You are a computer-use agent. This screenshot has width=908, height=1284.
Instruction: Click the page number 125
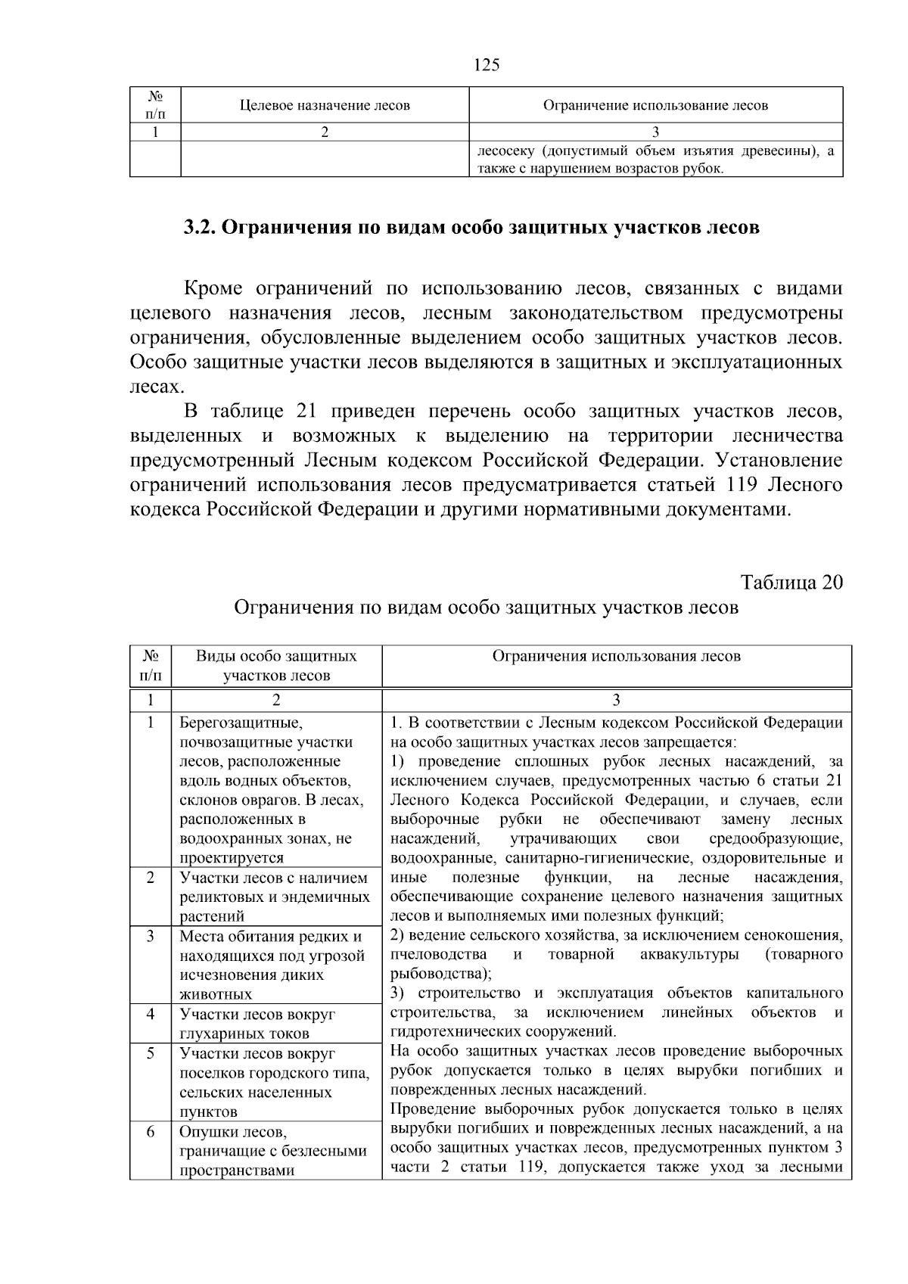click(487, 65)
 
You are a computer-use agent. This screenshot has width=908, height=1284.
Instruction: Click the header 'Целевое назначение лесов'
click(325, 106)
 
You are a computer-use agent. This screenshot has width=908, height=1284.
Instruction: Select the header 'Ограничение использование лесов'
click(655, 106)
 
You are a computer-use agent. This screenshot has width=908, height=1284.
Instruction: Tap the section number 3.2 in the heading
click(201, 227)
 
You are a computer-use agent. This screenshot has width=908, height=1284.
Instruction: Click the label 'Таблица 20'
click(791, 583)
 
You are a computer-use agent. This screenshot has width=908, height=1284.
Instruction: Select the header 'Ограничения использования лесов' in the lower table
click(616, 656)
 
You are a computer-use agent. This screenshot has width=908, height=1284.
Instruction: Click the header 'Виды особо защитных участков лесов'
click(276, 666)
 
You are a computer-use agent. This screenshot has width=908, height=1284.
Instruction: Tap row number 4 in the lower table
click(151, 1013)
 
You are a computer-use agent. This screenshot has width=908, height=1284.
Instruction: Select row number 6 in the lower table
click(151, 1131)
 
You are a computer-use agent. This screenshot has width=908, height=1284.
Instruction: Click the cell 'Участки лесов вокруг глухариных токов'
click(257, 1024)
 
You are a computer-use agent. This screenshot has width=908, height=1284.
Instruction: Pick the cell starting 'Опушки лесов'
click(272, 1151)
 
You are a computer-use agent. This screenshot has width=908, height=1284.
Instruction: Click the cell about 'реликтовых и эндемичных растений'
click(274, 897)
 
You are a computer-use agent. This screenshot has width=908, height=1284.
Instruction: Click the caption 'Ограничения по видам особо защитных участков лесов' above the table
click(486, 608)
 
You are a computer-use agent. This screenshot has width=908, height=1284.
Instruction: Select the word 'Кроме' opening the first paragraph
click(213, 288)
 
